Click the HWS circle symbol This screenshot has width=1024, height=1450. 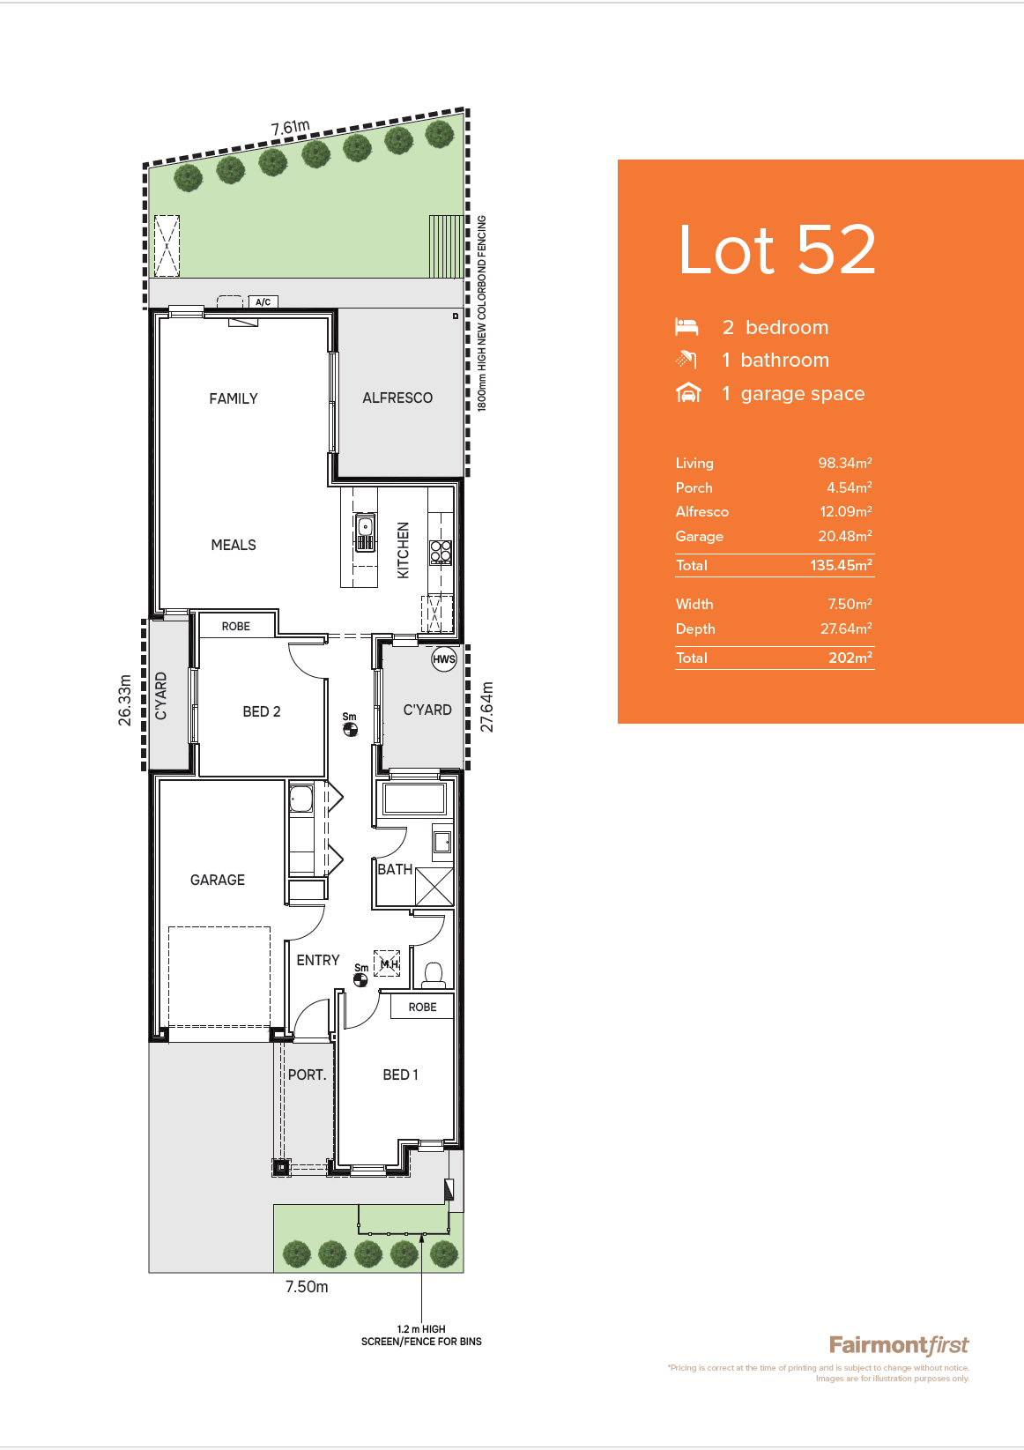[x=444, y=659]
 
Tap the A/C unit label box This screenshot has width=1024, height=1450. [x=263, y=301]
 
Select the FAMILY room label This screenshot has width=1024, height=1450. [x=233, y=398]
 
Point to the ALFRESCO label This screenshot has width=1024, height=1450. [x=397, y=398]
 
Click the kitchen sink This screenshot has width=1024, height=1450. [x=365, y=532]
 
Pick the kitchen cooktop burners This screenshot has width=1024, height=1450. [x=441, y=552]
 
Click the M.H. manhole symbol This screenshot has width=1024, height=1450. [x=387, y=963]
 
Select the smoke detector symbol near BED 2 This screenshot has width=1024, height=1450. [x=350, y=730]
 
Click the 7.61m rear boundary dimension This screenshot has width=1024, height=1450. [x=290, y=128]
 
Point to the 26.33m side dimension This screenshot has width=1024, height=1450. [x=124, y=700]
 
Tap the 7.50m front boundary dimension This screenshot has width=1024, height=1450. [x=307, y=1287]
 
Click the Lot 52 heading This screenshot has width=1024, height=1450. [x=776, y=249]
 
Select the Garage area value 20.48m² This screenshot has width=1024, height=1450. [x=845, y=536]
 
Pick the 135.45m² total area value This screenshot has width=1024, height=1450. [x=841, y=565]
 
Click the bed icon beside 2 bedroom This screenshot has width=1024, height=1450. [x=686, y=327]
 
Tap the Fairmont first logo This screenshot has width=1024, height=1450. [x=899, y=1345]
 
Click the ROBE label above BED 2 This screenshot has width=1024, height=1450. [x=235, y=626]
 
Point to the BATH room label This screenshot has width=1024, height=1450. [x=395, y=869]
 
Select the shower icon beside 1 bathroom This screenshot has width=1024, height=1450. [x=686, y=360]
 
